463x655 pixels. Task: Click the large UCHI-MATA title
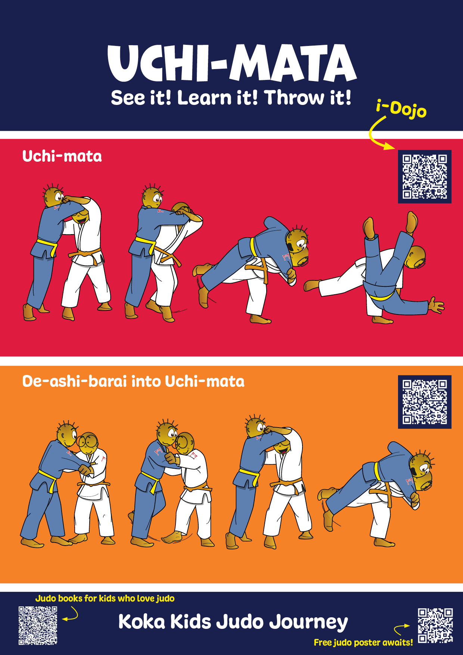(x=232, y=63)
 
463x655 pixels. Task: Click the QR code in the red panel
(x=425, y=177)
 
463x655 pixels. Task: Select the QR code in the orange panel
(x=425, y=402)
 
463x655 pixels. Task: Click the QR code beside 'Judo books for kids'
(x=38, y=625)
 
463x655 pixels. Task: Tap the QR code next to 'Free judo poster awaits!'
(x=435, y=625)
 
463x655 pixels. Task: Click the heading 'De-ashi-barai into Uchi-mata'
(x=133, y=381)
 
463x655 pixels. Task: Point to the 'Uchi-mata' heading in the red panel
(x=62, y=156)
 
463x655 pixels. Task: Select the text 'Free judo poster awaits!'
(x=363, y=642)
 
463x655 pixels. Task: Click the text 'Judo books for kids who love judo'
(x=105, y=599)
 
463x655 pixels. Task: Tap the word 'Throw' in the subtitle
(x=295, y=98)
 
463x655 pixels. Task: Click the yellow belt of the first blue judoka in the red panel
(x=47, y=247)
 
